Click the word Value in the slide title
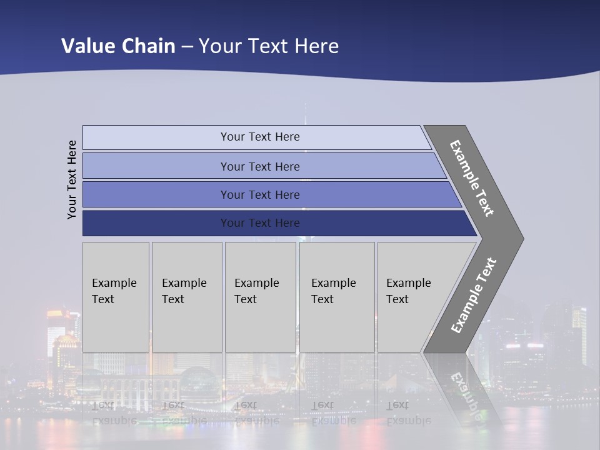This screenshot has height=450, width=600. click(87, 46)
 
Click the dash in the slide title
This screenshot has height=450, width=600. click(187, 46)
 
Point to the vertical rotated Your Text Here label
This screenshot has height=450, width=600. click(72, 180)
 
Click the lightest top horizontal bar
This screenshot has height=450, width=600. click(256, 137)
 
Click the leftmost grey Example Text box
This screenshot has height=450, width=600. click(116, 297)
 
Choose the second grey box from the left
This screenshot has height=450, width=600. click(187, 297)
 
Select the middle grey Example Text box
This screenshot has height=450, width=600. click(260, 297)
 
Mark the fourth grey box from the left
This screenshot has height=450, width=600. click(337, 297)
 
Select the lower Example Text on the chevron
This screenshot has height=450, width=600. click(473, 296)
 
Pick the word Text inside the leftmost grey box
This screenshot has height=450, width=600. click(103, 299)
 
